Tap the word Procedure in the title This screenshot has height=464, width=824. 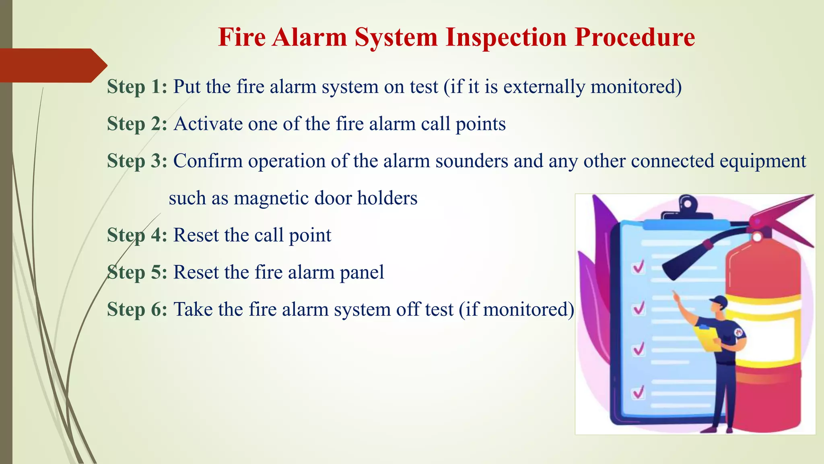[634, 37]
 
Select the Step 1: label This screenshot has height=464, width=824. [137, 87]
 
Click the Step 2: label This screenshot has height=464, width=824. [137, 124]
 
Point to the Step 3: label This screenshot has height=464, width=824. [137, 161]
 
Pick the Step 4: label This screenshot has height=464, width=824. [137, 235]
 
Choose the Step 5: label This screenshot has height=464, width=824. [137, 272]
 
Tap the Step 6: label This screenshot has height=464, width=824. [137, 309]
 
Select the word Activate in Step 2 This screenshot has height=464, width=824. [208, 124]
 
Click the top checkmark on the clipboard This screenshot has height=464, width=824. [639, 267]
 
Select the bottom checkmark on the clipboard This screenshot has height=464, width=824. [639, 391]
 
